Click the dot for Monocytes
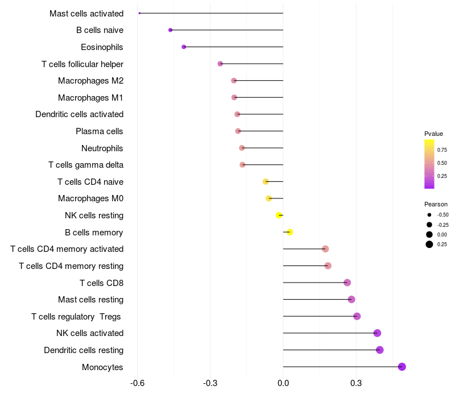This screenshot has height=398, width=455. pos(402,367)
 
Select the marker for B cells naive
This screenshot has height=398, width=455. pos(170,30)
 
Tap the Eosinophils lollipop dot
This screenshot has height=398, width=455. pos(184,47)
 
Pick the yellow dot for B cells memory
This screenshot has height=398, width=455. pos(290,232)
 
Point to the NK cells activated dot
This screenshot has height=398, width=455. pos(377,333)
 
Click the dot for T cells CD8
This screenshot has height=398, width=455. pos(348,283)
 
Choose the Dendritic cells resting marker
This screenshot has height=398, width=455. pos(380,350)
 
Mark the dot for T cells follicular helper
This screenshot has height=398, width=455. pos(221,64)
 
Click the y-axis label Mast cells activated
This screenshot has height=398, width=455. pos(86,13)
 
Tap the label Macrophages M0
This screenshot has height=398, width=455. pos(90,198)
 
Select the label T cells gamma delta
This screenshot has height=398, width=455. pos(86,165)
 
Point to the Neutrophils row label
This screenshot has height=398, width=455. pos(102,148)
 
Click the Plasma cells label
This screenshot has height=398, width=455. pos(100,131)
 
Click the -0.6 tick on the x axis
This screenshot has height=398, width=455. pos(137,384)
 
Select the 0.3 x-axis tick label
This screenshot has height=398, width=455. pos(356,384)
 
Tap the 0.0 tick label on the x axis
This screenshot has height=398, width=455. pos(283,384)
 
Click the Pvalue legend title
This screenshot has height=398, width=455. pos(433,134)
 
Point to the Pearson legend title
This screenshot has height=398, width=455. pos(436,204)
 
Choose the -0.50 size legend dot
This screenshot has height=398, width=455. pos(429,215)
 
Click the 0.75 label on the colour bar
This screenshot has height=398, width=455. pos(442,150)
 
